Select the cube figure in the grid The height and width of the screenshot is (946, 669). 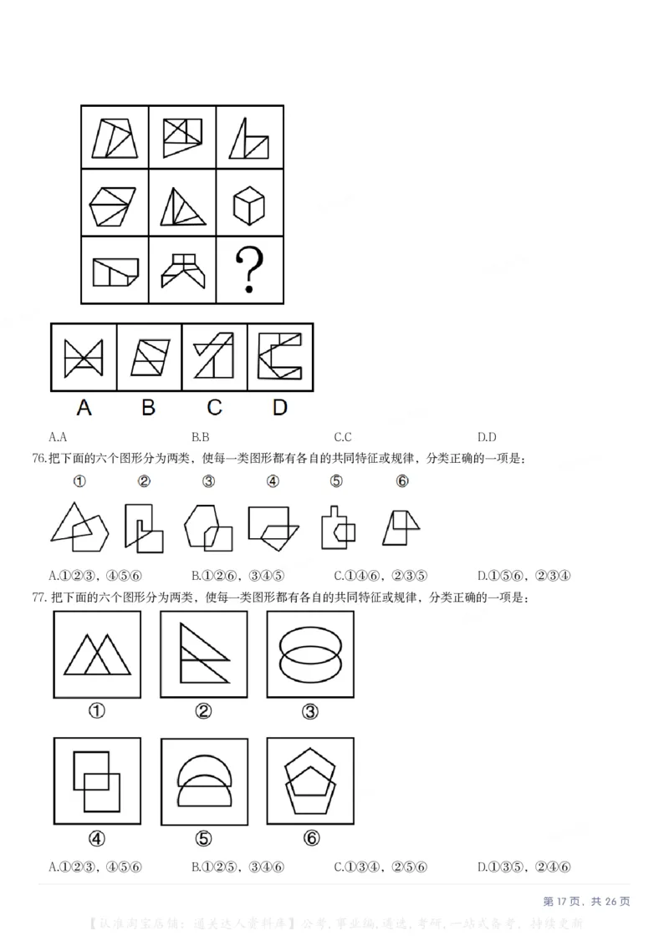(248, 205)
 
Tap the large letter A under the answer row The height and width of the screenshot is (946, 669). (84, 407)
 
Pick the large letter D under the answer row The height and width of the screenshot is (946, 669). (279, 407)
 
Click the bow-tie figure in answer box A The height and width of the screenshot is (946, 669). (84, 358)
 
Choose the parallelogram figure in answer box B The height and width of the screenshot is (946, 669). (149, 358)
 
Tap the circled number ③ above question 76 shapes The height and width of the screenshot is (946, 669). (208, 481)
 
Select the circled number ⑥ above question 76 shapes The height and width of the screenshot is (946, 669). (402, 481)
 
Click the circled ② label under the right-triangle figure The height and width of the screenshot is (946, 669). (203, 711)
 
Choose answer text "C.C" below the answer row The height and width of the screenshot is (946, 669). (343, 436)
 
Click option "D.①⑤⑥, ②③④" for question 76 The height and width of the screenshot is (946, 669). (523, 575)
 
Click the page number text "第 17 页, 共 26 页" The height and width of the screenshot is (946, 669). (586, 901)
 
